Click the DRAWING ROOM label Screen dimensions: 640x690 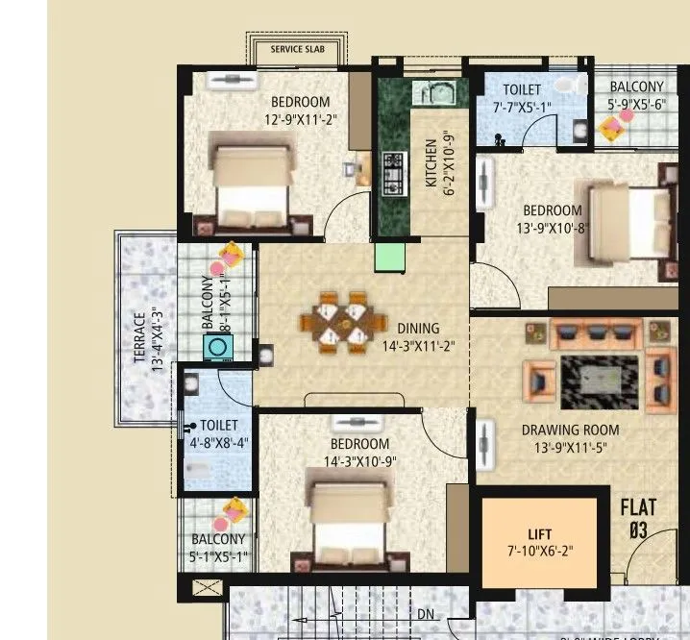click(x=570, y=430)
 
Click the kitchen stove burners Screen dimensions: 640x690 click(x=394, y=174)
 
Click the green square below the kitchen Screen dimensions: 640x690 click(x=388, y=257)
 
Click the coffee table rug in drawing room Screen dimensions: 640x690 click(x=597, y=373)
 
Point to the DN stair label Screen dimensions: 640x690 click(x=426, y=614)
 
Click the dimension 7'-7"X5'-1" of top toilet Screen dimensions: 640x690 click(x=522, y=107)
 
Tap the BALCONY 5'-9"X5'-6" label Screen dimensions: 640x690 click(x=636, y=96)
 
